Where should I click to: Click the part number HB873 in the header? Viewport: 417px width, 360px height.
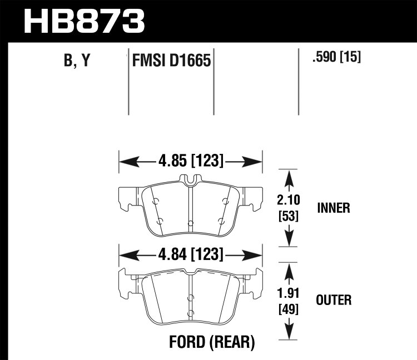(84, 21)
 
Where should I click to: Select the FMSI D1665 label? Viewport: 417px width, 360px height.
(172, 61)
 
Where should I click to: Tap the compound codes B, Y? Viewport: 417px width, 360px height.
(77, 60)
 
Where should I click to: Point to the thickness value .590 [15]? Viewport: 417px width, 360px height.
(337, 57)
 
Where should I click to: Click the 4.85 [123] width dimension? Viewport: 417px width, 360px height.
(191, 161)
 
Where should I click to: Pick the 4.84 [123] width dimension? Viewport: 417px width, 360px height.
(191, 254)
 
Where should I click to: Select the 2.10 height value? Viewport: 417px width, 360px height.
(289, 200)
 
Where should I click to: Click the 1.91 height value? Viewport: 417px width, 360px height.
(288, 293)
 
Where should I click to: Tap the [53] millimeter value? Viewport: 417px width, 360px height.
(289, 216)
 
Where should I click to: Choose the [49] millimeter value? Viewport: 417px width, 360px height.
(289, 309)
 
